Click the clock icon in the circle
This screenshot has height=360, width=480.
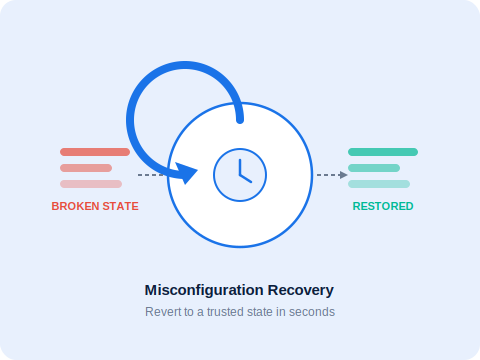[x=240, y=175]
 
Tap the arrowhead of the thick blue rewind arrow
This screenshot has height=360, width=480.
[x=186, y=173]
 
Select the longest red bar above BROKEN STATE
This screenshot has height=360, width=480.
[x=95, y=152]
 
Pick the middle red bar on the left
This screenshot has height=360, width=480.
[x=86, y=168]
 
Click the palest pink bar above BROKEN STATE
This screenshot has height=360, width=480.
[x=91, y=184]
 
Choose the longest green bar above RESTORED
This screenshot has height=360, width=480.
[x=383, y=152]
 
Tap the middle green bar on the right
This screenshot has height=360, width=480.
[x=374, y=168]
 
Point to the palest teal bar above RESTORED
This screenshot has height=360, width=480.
[x=379, y=184]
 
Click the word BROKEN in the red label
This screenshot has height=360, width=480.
[x=75, y=206]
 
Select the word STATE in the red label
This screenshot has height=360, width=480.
[x=120, y=206]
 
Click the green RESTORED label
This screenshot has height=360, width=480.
[x=383, y=206]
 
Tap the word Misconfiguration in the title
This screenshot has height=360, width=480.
[x=204, y=290]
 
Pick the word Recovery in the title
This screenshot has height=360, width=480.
[x=301, y=290]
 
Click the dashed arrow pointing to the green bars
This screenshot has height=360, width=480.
[x=332, y=175]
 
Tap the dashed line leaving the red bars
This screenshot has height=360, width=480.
[x=151, y=175]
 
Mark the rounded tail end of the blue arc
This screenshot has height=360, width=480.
[x=240, y=120]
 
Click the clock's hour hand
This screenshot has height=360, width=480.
[x=246, y=178]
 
